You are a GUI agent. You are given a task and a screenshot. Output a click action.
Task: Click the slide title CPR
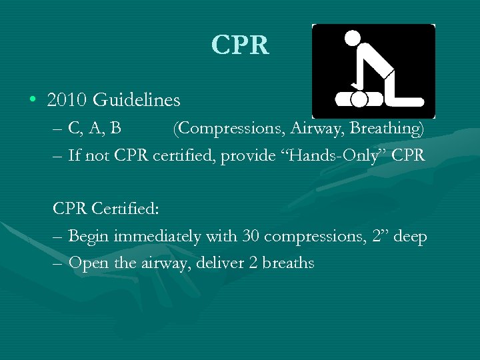[240, 45]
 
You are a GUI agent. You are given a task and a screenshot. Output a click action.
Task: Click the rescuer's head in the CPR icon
[352, 38]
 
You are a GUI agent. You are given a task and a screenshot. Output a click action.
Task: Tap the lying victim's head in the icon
[359, 100]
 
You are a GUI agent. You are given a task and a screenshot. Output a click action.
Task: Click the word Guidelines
[137, 101]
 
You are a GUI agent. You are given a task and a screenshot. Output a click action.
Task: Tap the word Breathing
[387, 127]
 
